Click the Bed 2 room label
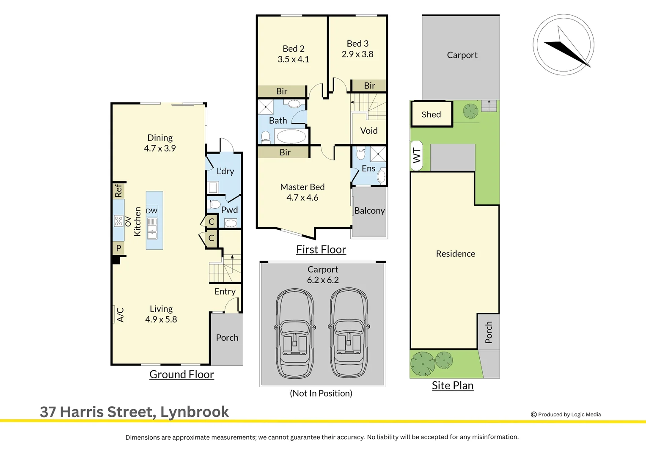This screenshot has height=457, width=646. coord(293,49)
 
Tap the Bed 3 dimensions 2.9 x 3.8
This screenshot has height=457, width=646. coord(357,54)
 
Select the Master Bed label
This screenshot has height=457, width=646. coord(302,187)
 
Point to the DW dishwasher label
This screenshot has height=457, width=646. coord(151,211)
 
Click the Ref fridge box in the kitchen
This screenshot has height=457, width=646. coord(118,190)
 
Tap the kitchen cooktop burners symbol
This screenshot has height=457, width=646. coord(118,221)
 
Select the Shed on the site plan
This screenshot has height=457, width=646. coord(431,114)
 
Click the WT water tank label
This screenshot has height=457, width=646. coord(417,155)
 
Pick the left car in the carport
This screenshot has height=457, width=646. coord(295,333)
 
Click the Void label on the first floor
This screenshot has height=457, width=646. coord(368,131)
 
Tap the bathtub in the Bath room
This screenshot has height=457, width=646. coord(291,136)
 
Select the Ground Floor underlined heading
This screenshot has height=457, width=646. coord(181,374)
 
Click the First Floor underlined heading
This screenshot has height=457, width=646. coord(321,250)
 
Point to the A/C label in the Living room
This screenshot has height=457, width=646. coord(120,315)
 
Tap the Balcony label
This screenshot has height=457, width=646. coord(369,211)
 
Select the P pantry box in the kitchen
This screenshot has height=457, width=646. coord(118,248)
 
